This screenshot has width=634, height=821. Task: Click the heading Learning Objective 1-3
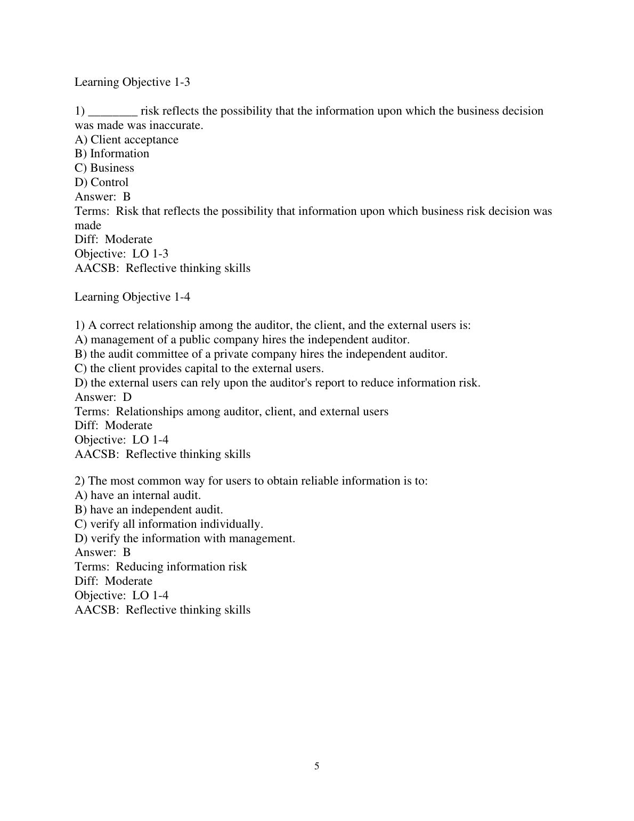pos(132,82)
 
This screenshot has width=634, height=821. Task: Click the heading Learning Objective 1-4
pos(132,297)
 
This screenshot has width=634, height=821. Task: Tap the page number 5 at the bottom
pos(317,766)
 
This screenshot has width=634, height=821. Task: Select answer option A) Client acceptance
pos(126,140)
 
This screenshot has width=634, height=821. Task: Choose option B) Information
pos(112,154)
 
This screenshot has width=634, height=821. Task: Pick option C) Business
pos(104,168)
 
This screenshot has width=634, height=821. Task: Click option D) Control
pos(101,182)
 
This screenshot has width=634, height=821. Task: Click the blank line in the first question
pos(113,111)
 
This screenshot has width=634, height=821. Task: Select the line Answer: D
pos(103,397)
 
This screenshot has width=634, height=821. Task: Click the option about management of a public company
pos(242,340)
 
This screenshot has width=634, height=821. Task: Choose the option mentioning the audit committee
pos(261,354)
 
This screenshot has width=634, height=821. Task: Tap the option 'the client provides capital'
pos(199,368)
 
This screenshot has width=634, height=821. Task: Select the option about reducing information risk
pos(277,383)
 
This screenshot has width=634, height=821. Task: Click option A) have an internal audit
pos(137,495)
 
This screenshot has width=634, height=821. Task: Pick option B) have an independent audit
pos(149,510)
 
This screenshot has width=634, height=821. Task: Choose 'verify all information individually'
pos(169,524)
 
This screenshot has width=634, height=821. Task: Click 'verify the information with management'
pos(185,538)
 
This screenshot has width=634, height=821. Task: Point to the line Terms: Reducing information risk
pos(160,567)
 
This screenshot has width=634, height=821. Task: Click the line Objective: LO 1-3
pos(121,254)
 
